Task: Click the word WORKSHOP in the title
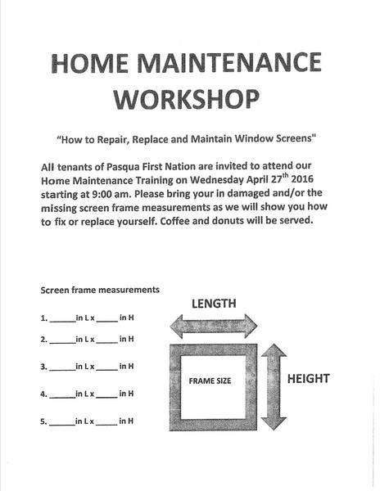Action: pos(187,99)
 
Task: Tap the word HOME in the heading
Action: pos(90,63)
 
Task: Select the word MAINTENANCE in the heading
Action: pos(229,62)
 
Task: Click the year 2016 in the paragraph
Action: pos(302,178)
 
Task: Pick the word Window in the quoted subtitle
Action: pos(254,138)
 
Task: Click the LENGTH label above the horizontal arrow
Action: pos(214,304)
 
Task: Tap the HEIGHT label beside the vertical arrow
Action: pos(309,379)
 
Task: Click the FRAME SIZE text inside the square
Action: pos(210,381)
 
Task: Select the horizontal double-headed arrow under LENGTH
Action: pos(214,327)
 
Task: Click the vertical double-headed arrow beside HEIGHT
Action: pos(274,387)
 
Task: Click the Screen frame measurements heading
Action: pos(100,290)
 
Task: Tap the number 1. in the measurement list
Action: pos(44,318)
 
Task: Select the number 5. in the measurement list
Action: pos(43,421)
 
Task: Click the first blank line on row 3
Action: pos(62,370)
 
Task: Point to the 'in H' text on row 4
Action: pos(126,394)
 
